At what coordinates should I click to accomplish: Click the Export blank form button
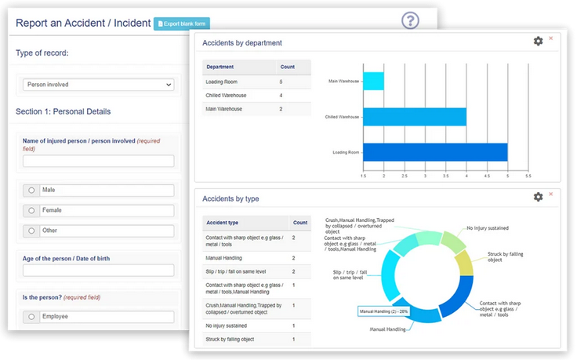[182, 24]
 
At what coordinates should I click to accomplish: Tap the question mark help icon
[410, 20]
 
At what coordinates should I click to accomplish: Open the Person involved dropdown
[98, 85]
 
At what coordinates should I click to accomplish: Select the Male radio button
[31, 191]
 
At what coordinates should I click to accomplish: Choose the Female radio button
[31, 210]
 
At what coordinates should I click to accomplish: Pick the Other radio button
[31, 231]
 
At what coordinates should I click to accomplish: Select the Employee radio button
[31, 317]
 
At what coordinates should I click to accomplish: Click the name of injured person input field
[98, 162]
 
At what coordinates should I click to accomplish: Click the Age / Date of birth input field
[98, 271]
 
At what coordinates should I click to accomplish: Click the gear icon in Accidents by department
[538, 41]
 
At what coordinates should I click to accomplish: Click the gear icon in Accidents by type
[538, 197]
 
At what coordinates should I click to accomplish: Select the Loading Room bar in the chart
[435, 152]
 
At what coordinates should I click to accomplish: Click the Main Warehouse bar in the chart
[373, 81]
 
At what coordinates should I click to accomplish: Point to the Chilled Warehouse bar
[415, 117]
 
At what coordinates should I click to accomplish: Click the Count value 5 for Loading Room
[281, 82]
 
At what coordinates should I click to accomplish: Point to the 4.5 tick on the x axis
[487, 176]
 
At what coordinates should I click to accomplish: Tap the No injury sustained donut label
[488, 228]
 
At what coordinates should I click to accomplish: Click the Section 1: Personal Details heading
[64, 111]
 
